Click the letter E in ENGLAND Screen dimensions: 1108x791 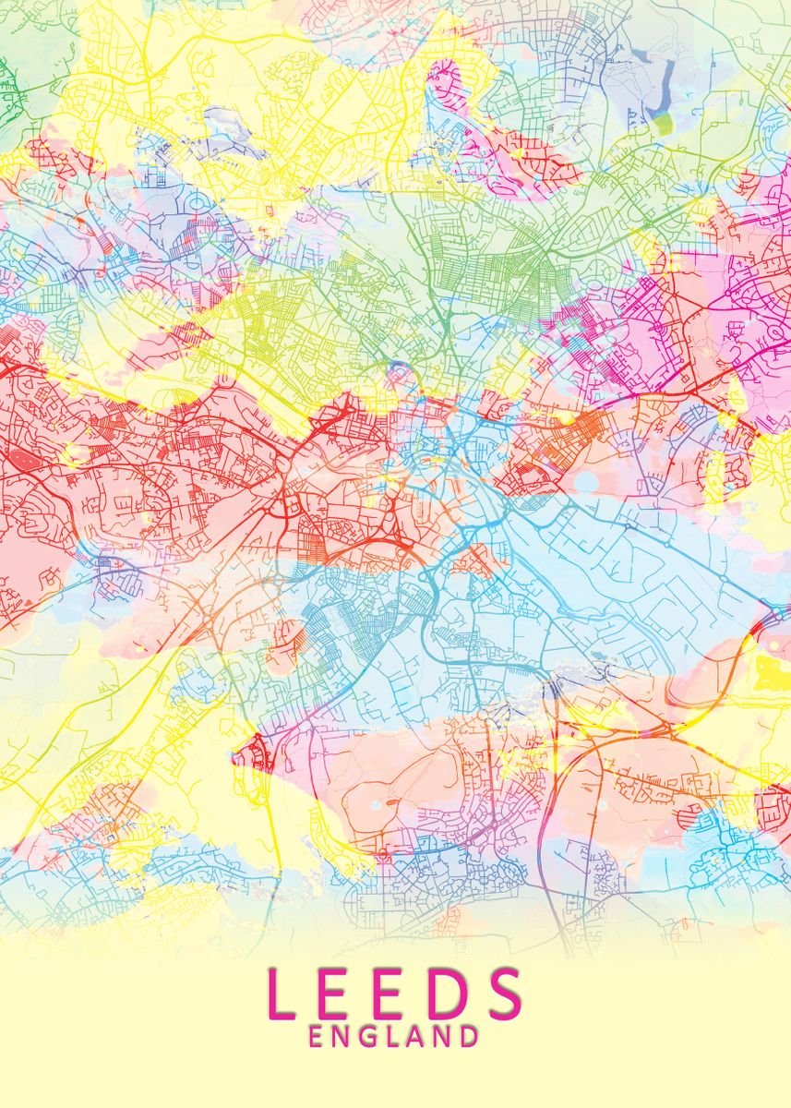(317, 1036)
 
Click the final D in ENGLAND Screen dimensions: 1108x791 (467, 1036)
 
